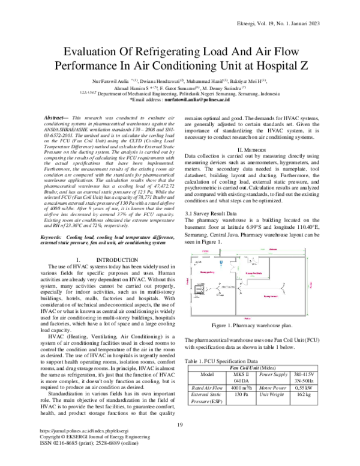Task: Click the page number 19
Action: [x=179, y=442]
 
